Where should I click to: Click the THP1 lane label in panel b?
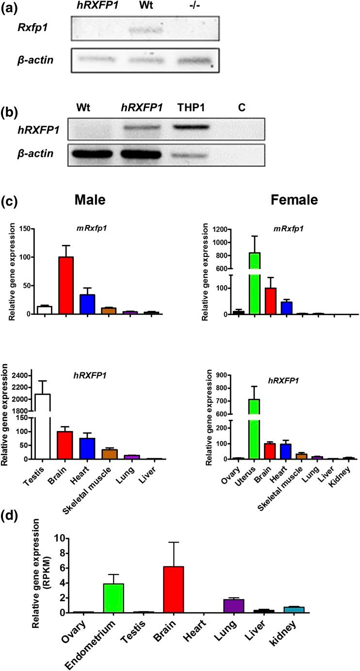tap(192, 107)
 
